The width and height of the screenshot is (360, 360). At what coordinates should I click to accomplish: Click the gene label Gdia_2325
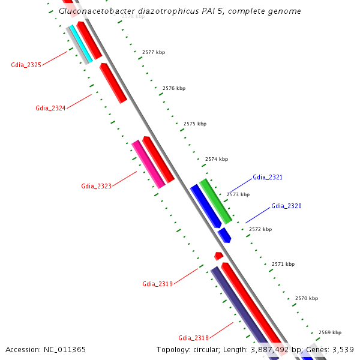pos(26,65)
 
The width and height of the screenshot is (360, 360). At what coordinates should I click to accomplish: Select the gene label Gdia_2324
pos(50,108)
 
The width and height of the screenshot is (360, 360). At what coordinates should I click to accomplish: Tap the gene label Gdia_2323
pos(96,186)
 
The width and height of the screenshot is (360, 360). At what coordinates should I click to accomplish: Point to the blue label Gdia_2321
pos(268,178)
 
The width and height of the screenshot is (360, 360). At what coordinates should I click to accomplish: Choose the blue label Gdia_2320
pos(286,206)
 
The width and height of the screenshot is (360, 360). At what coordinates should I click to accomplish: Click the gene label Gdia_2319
pos(157,284)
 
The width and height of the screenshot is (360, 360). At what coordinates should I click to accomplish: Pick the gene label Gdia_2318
pos(193,338)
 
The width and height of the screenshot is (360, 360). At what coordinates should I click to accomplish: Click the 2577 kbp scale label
pos(153,53)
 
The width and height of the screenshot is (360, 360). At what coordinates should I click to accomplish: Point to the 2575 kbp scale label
pos(194,124)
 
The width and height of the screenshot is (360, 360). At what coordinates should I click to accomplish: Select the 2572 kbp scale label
pos(260,229)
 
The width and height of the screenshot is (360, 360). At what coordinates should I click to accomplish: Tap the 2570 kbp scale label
pos(306,298)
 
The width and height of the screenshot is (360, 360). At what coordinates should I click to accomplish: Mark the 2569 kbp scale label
pos(329,332)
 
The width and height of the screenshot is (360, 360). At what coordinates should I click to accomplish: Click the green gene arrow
pos(215,200)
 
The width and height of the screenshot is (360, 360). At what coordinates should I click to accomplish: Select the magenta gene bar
pos(148,164)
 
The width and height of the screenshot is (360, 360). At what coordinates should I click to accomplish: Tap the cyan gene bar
pos(80,43)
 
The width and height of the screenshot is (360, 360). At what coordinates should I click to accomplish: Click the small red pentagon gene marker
pos(218,256)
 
